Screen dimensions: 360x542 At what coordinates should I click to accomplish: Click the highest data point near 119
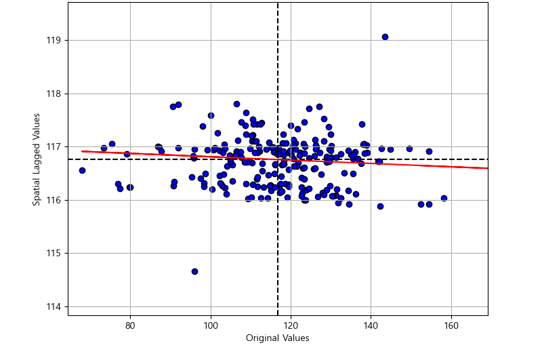(x=385, y=37)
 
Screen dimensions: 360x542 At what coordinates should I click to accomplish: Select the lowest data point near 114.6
(x=194, y=271)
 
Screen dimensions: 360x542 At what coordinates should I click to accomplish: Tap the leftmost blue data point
(x=82, y=170)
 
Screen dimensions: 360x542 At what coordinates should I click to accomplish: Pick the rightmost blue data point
(x=444, y=198)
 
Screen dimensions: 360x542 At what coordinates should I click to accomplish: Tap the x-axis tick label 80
(x=130, y=325)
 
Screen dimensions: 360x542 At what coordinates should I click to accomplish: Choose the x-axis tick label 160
(x=451, y=325)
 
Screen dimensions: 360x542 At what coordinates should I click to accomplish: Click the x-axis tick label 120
(x=291, y=325)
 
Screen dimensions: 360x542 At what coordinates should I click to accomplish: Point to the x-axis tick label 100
(x=210, y=325)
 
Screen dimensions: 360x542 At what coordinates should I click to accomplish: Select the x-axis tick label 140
(x=371, y=325)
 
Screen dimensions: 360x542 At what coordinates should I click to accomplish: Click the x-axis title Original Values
(x=277, y=338)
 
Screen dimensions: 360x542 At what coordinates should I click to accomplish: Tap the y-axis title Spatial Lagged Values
(x=37, y=159)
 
